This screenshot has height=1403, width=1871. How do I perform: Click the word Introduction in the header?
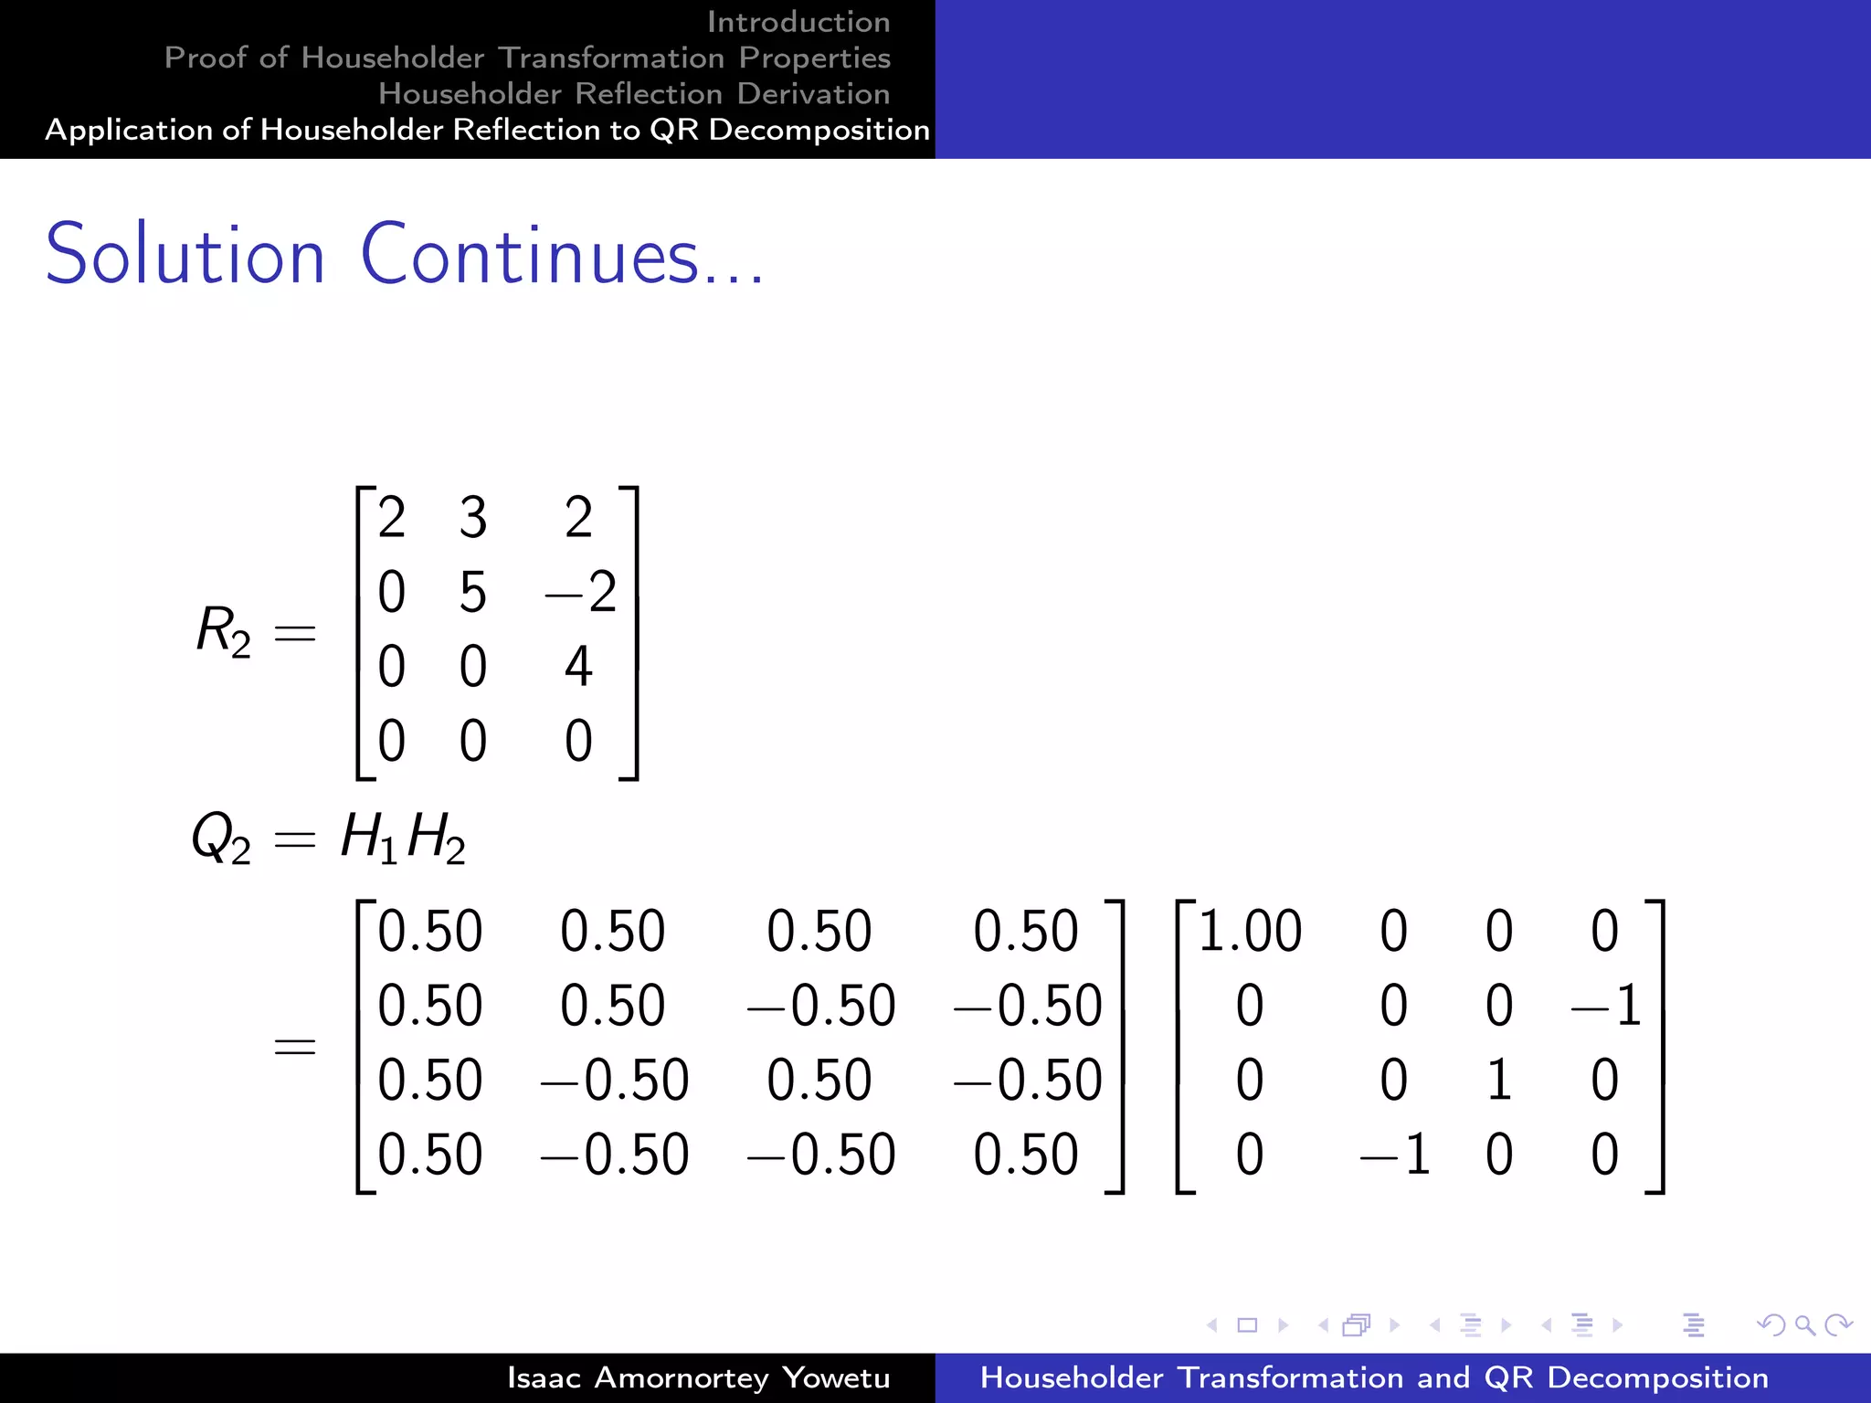point(798,22)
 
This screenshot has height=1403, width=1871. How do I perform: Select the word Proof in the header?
point(206,58)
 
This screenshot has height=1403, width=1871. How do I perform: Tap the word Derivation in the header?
point(813,93)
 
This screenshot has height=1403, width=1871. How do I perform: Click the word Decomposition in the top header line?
point(819,130)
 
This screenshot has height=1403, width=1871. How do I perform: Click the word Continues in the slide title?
point(530,255)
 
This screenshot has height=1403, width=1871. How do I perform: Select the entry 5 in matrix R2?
point(472,592)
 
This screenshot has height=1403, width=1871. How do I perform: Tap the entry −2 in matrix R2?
point(581,592)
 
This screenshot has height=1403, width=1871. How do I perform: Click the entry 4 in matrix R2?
point(578,666)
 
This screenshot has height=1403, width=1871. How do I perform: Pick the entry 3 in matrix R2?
point(472,518)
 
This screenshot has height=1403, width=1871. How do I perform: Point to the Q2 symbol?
point(220,838)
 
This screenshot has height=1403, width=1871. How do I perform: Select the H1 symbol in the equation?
point(368,838)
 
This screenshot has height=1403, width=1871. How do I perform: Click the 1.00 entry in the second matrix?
point(1249,932)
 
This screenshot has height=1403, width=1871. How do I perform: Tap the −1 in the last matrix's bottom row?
point(1395,1155)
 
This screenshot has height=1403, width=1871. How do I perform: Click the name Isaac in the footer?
point(544,1377)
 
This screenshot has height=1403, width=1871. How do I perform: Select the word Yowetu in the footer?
point(836,1377)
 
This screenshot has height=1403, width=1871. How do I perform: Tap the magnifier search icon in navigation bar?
point(1804,1324)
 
